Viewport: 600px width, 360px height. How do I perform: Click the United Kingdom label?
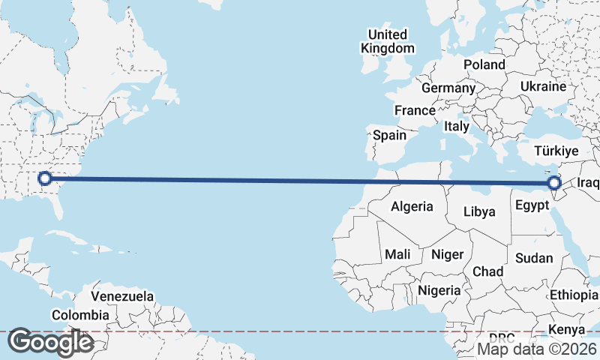point(387,41)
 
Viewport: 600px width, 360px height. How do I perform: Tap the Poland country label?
point(484,64)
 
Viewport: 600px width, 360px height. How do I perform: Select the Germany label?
point(448,88)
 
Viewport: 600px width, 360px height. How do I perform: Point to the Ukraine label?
point(542,86)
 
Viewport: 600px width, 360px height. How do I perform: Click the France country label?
point(415,110)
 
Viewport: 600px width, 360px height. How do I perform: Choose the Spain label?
point(389,136)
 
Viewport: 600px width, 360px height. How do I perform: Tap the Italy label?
point(456,126)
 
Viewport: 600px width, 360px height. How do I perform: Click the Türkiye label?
point(556,151)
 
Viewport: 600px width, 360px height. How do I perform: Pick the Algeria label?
point(412,206)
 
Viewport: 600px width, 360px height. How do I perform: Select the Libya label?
point(479,211)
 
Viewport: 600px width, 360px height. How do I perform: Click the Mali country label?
point(397,255)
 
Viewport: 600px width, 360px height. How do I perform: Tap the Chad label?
point(487,271)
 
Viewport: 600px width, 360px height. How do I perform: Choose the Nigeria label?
point(439,289)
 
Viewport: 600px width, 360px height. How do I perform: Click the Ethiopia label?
point(574,294)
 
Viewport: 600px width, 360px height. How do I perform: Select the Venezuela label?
point(121,296)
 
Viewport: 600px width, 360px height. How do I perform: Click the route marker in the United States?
point(44,178)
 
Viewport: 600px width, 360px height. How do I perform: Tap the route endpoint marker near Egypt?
point(554,183)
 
